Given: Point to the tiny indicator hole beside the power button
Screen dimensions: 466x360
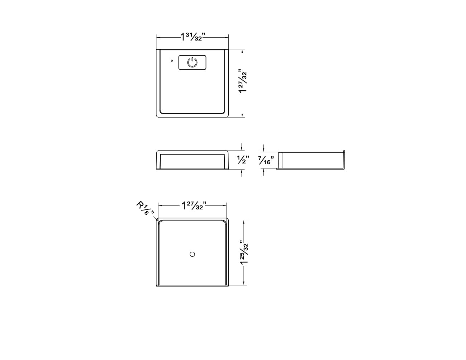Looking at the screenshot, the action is pyautogui.click(x=172, y=61).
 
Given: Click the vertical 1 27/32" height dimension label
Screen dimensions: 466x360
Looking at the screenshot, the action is pyautogui.click(x=243, y=81).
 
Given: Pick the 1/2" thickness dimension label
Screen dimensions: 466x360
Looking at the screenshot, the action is pyautogui.click(x=243, y=160).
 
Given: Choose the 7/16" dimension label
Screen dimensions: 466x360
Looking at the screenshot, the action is pyautogui.click(x=266, y=160).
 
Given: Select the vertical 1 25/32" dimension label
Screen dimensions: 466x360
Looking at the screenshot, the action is pyautogui.click(x=244, y=252).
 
